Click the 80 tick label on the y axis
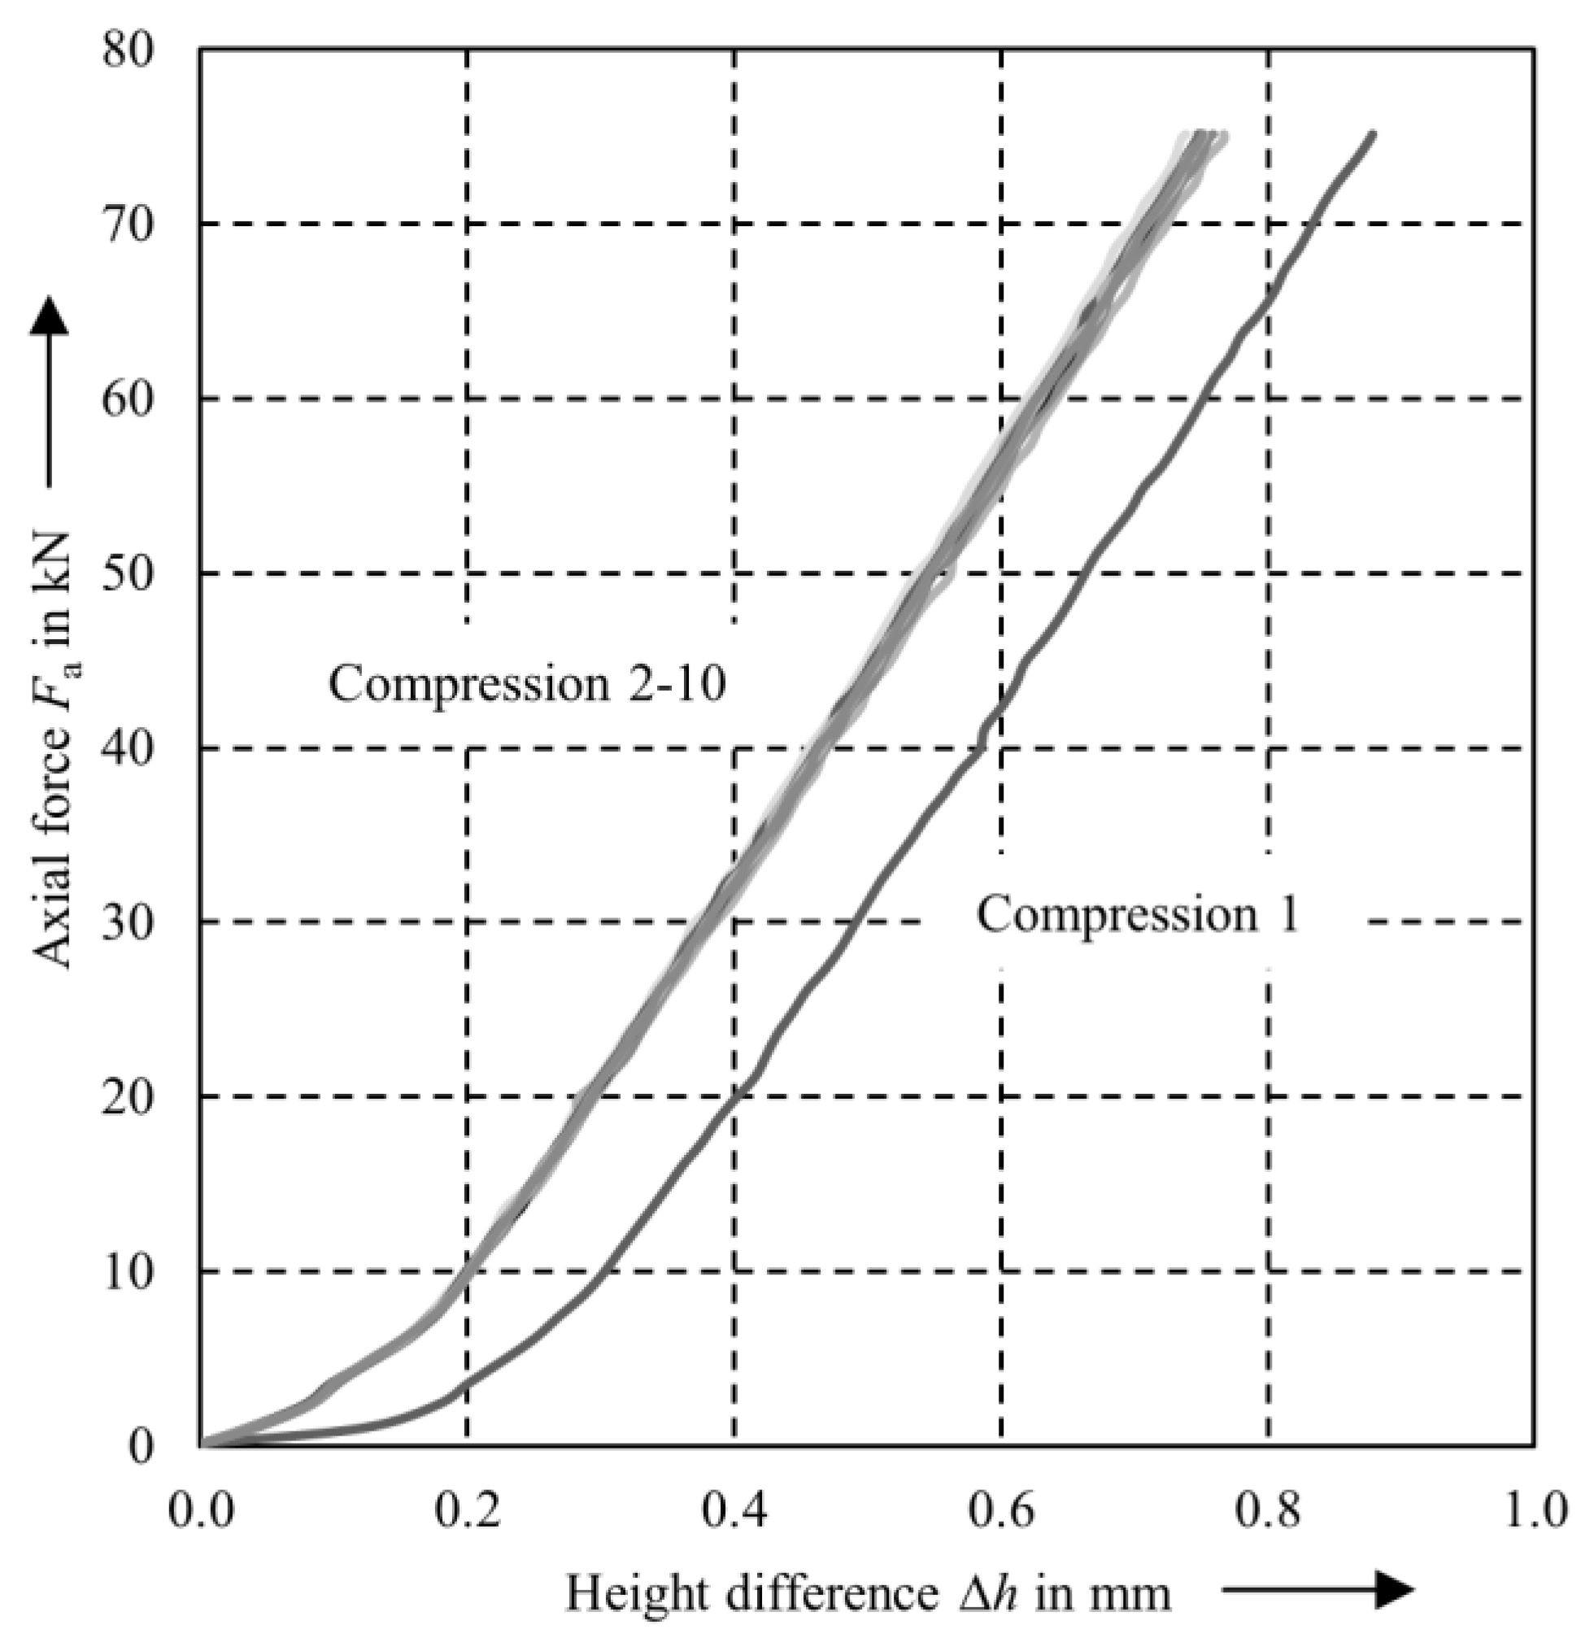128,50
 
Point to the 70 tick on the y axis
128,224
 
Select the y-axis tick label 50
128,574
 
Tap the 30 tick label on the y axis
128,922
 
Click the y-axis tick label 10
128,1271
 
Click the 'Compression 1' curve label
1137,914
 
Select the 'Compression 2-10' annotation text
527,683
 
